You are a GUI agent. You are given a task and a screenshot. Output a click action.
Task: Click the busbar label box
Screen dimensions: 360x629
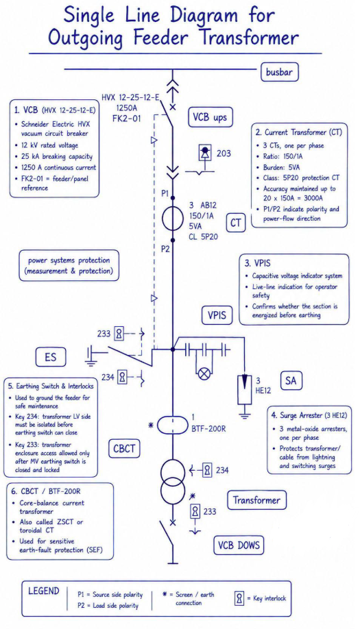(x=280, y=72)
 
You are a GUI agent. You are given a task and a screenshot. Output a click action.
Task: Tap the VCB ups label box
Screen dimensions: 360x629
(x=211, y=118)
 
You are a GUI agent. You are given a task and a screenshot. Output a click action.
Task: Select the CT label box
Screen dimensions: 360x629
(x=236, y=223)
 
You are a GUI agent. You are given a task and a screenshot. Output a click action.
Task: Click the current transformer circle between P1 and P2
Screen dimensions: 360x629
(x=173, y=219)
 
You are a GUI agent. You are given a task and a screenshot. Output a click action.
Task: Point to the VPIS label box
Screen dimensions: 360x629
(x=217, y=315)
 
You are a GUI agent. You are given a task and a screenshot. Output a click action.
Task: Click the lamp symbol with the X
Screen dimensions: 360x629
(x=204, y=374)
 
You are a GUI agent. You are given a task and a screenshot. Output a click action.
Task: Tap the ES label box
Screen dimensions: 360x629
(x=51, y=357)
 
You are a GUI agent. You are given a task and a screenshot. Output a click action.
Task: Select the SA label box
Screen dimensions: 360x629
(x=291, y=380)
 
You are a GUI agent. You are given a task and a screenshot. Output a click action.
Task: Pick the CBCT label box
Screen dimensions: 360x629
(x=124, y=449)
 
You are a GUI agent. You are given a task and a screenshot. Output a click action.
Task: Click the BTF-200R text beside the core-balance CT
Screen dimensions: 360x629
(x=208, y=429)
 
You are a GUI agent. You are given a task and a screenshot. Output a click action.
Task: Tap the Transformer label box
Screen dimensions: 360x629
(x=257, y=500)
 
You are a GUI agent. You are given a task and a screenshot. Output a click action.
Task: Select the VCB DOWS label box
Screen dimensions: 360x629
(x=239, y=545)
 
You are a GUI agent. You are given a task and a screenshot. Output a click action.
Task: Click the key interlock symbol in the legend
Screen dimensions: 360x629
(x=239, y=599)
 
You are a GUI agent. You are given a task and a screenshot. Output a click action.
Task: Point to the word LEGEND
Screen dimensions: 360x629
(x=44, y=591)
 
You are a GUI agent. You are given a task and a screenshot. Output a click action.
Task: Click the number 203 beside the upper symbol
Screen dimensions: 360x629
(x=224, y=153)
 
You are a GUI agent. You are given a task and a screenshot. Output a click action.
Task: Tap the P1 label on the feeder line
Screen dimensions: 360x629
(x=165, y=193)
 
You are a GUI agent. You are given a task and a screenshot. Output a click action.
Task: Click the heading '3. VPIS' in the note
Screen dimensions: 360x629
(x=257, y=263)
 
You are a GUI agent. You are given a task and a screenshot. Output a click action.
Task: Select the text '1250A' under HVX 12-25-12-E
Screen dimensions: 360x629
(x=127, y=108)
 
